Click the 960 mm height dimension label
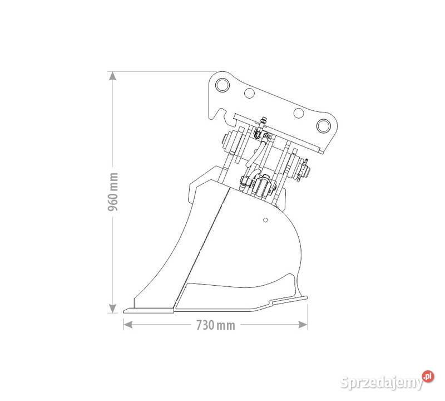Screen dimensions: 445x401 click(x=113, y=192)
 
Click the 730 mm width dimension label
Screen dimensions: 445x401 click(x=216, y=325)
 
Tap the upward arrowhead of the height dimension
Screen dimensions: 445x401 click(x=113, y=76)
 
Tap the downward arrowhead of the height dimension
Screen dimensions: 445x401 click(x=113, y=309)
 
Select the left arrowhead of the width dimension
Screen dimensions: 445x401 click(x=128, y=325)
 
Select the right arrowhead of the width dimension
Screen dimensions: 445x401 click(x=303, y=325)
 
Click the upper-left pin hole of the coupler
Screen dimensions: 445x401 click(x=222, y=85)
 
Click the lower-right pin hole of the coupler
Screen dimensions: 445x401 click(x=324, y=126)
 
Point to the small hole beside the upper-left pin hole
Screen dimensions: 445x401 click(x=249, y=92)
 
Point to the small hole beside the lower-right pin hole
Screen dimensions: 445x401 click(x=299, y=113)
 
